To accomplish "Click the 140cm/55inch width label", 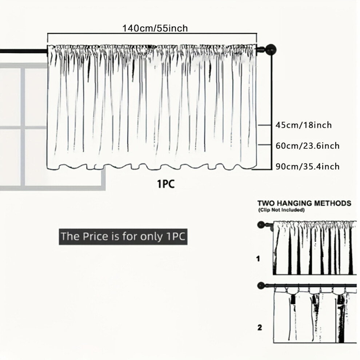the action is pos(155,28).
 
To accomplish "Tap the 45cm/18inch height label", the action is pos(304,125).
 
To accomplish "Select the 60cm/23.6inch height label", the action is pos(307,146).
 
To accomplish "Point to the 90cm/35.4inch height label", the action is pos(307,166).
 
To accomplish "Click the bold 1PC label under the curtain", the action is pos(166,184).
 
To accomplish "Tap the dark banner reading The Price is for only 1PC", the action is pos(123,236).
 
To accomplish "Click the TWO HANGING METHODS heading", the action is pos(304,203).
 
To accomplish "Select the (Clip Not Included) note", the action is pos(281,210).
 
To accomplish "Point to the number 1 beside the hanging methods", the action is pos(258,259).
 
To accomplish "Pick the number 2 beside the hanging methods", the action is pos(259,327).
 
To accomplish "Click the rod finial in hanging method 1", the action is pos(261,224).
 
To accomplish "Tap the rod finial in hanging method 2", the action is pos(261,286).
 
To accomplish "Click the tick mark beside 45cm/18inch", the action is pos(265,125).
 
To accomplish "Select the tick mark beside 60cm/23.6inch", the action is pos(265,145).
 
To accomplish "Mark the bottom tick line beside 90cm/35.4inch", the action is pos(262,169).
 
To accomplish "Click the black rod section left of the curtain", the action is pos(23,51).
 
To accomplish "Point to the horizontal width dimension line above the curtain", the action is pos(152,33).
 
